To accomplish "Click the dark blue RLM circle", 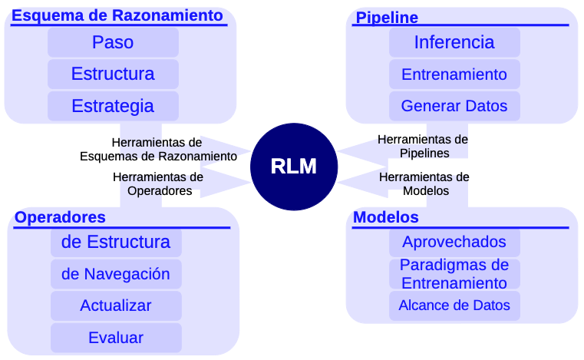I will (293, 167).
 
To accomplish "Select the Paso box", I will (113, 42).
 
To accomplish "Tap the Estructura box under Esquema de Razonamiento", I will (113, 74).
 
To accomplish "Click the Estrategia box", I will (113, 106).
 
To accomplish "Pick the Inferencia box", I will (454, 42).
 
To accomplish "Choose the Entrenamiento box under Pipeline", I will (454, 74).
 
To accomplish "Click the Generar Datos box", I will (454, 106).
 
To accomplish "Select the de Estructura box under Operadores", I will (116, 242).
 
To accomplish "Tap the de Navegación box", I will (116, 274).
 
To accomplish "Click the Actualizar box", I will (116, 306).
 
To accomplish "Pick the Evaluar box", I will (116, 338).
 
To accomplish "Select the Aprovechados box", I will (454, 242).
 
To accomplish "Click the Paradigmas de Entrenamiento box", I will (454, 273).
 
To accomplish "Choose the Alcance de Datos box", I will (454, 306).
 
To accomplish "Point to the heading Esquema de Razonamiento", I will (118, 15).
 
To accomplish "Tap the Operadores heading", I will (60, 217).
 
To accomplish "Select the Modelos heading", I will (386, 217).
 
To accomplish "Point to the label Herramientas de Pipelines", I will (423, 146).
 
